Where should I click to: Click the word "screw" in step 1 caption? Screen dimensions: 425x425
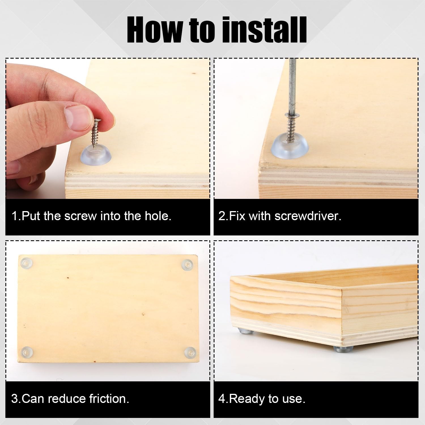80,216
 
